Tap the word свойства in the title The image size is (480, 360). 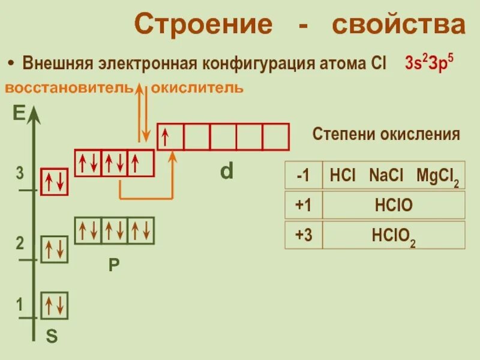(x=397, y=25)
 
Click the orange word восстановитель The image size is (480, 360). (x=68, y=88)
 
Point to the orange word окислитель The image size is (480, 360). (x=197, y=88)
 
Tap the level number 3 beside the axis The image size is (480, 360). (x=20, y=174)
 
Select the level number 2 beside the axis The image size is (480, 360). (x=20, y=244)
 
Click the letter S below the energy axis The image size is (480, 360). (x=52, y=337)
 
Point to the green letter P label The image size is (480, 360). (x=114, y=265)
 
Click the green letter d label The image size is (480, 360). (x=226, y=172)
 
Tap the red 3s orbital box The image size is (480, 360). (x=54, y=182)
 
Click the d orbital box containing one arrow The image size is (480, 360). (x=170, y=137)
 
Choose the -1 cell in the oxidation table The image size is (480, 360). (x=303, y=176)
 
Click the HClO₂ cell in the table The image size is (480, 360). (x=394, y=235)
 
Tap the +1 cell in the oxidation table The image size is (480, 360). (x=303, y=206)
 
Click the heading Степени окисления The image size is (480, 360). (x=386, y=134)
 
